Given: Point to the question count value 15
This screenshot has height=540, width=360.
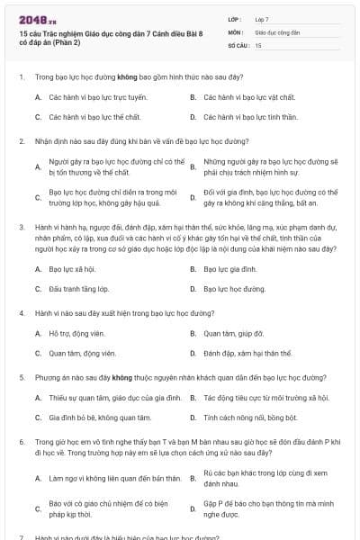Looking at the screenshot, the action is [x=258, y=44].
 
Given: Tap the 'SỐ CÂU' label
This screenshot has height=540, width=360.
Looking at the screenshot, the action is [x=238, y=44].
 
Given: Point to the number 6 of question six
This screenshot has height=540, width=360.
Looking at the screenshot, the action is [x=21, y=444].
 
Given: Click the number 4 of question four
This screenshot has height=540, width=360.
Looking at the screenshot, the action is [x=21, y=314].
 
